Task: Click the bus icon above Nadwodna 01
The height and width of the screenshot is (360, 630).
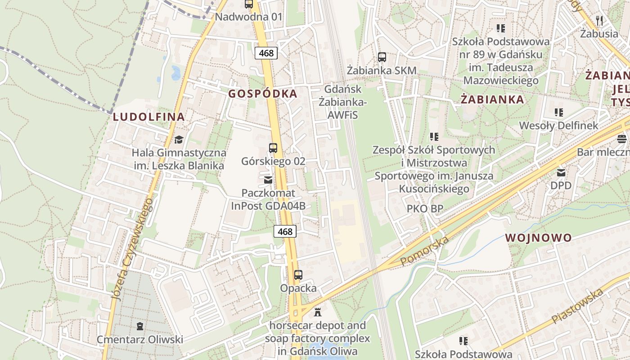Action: pyautogui.click(x=249, y=4)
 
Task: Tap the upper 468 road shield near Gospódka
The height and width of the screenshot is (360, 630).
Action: pyautogui.click(x=266, y=53)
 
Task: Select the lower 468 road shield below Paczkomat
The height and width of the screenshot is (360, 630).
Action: pyautogui.click(x=285, y=232)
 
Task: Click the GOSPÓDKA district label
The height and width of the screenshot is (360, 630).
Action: pyautogui.click(x=263, y=94)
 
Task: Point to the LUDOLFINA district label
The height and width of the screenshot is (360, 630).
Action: pyautogui.click(x=148, y=117)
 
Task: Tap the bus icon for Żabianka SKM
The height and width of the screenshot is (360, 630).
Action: pyautogui.click(x=382, y=57)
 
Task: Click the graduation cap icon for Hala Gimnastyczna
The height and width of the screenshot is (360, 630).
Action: pyautogui.click(x=179, y=139)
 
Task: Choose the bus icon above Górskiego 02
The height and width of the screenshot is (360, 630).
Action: pyautogui.click(x=273, y=148)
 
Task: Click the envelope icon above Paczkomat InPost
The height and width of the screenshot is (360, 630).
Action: pyautogui.click(x=268, y=180)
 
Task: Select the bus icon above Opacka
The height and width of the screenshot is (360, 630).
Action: pyautogui.click(x=298, y=274)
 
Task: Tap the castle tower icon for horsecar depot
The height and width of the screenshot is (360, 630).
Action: pyautogui.click(x=318, y=312)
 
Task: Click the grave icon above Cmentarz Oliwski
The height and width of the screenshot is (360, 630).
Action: pyautogui.click(x=139, y=326)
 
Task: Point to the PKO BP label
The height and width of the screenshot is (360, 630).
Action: pyautogui.click(x=425, y=208)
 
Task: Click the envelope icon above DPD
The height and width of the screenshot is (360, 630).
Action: pyautogui.click(x=561, y=172)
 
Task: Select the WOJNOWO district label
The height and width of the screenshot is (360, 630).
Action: pyautogui.click(x=538, y=238)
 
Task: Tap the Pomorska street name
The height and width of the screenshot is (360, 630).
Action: pyautogui.click(x=424, y=251)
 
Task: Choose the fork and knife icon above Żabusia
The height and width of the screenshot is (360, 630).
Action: pyautogui.click(x=599, y=20)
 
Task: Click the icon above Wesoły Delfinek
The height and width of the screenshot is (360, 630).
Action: pyautogui.click(x=559, y=112)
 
